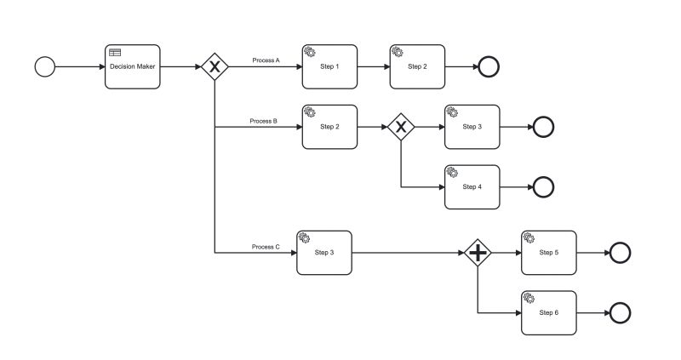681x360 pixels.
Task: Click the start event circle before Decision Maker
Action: (x=44, y=66)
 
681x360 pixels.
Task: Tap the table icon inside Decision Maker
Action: (x=115, y=53)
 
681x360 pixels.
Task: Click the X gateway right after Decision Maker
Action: (x=215, y=66)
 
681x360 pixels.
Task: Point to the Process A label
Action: (x=266, y=60)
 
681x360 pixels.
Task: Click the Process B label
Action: (x=263, y=121)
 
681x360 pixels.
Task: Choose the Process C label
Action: (x=265, y=247)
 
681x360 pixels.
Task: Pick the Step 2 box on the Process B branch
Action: (x=329, y=127)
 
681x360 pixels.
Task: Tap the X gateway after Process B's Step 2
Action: (x=400, y=127)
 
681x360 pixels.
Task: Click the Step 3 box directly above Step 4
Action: (x=472, y=127)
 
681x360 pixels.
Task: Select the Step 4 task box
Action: (x=472, y=186)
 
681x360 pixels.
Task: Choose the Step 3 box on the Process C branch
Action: (x=324, y=253)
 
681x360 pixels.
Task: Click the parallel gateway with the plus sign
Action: (x=478, y=253)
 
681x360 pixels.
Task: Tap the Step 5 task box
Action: (x=549, y=253)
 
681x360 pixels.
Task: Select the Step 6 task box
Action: (x=549, y=312)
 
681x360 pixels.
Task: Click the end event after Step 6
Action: (x=621, y=312)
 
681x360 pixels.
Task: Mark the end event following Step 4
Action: (x=543, y=186)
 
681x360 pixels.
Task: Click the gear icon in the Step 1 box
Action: (x=310, y=53)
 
